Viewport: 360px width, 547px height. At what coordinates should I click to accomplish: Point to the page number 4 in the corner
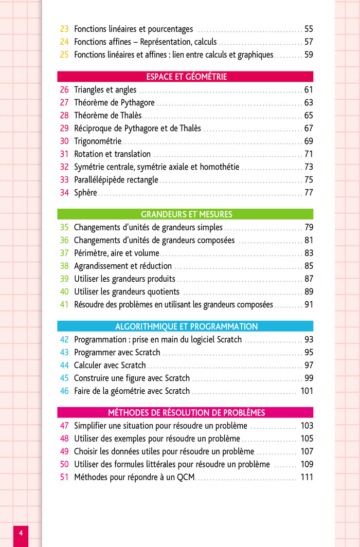[21, 533]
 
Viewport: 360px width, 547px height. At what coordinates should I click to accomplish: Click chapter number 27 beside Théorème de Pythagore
[64, 103]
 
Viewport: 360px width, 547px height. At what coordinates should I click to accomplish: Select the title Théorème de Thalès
[107, 116]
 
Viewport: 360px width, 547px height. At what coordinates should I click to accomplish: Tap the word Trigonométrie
[98, 141]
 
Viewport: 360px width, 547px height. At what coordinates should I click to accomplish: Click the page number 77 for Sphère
[309, 193]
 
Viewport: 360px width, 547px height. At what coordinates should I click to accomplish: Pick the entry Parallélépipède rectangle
[116, 180]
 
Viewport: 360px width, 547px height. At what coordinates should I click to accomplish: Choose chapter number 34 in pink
[64, 193]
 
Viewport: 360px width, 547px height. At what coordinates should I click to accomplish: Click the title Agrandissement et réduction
[123, 266]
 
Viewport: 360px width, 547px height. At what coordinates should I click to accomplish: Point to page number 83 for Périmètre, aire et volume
[309, 253]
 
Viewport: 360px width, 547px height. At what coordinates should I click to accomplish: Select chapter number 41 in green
[64, 305]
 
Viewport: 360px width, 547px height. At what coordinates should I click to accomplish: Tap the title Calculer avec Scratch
[110, 366]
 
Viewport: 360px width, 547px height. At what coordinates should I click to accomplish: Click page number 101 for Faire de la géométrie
[307, 391]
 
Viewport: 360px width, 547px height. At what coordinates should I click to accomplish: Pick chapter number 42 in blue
[64, 340]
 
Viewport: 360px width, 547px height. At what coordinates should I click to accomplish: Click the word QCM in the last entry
[186, 478]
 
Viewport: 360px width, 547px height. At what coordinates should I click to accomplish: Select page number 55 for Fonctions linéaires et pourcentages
[309, 29]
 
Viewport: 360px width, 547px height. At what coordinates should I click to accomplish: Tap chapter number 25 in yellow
[64, 55]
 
